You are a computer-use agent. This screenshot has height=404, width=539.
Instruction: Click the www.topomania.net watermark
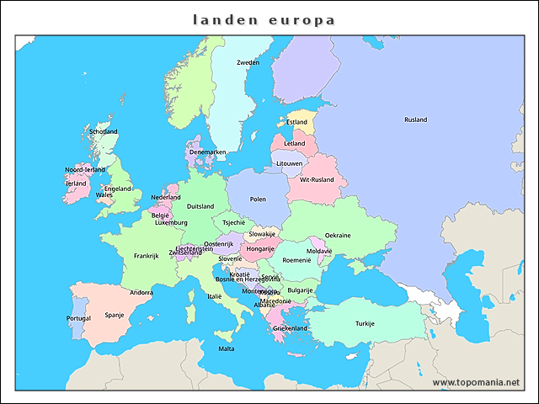pos(476,382)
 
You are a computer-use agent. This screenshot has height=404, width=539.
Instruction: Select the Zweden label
pos(248,63)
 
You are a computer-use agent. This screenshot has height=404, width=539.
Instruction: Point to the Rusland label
pos(415,120)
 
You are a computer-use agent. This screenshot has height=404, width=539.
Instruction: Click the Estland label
pos(296,122)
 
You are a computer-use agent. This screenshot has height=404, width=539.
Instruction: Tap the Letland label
pos(295,144)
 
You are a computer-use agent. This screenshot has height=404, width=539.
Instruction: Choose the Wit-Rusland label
pos(317,179)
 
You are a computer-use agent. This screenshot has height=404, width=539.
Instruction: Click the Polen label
pos(258,199)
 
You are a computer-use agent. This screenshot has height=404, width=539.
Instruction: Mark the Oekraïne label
pos(338,235)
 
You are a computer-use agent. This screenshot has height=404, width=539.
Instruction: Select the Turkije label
pos(365,323)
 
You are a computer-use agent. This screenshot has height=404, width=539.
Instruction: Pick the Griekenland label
pos(290,328)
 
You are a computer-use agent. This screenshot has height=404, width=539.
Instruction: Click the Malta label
pos(227,348)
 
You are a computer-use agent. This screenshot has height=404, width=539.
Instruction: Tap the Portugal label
pos(78,318)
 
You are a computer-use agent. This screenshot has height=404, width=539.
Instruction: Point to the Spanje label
pos(115,315)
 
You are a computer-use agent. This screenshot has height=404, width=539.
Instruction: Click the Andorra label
pos(141,293)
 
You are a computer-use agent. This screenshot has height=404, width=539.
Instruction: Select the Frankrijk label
pos(146,256)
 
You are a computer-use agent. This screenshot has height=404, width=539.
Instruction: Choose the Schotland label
pos(104,131)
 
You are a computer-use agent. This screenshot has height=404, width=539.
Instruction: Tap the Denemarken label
pos(207,152)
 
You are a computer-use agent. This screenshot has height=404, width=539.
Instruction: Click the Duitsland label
pos(200,206)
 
